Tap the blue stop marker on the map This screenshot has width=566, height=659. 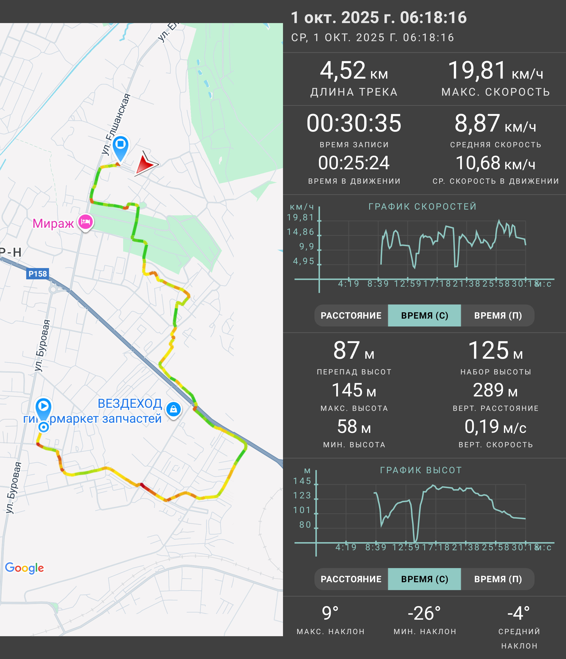[121, 147]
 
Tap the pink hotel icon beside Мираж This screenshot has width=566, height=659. [85, 222]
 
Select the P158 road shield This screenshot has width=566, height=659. [37, 274]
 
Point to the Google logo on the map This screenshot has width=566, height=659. [24, 568]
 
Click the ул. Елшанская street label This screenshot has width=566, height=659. [116, 124]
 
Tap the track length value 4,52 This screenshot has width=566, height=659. [343, 70]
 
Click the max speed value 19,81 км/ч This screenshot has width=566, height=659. [496, 70]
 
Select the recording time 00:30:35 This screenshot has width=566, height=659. [354, 123]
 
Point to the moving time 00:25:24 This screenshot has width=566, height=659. [354, 163]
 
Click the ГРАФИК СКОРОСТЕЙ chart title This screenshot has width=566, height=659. [423, 206]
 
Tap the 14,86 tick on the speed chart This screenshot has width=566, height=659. [301, 232]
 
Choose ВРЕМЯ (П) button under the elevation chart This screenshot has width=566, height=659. [498, 579]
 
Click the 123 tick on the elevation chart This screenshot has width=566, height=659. [302, 495]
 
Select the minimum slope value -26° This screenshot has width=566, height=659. [424, 613]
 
